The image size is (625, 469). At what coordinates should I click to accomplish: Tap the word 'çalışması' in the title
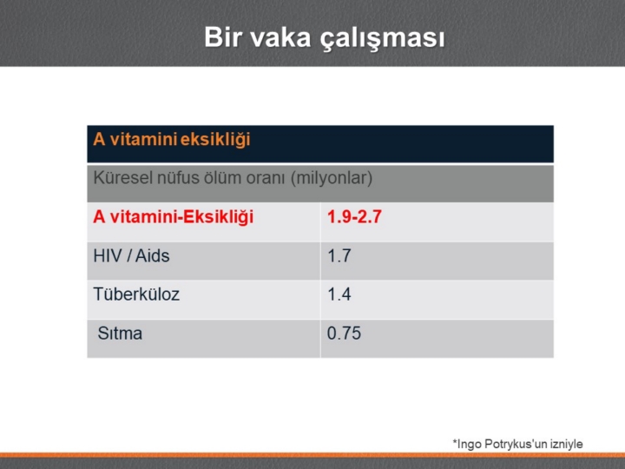(382, 39)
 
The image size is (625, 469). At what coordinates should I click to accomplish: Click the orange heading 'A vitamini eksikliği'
(172, 140)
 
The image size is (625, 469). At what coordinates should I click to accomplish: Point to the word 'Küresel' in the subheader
(122, 177)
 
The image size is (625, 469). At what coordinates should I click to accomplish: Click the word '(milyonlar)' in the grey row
(332, 178)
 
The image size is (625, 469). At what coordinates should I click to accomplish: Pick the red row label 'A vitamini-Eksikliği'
(174, 217)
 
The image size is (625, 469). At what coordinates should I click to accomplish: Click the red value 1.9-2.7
(354, 216)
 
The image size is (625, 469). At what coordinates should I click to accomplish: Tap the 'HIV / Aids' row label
(132, 255)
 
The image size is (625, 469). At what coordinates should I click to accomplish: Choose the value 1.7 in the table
(339, 255)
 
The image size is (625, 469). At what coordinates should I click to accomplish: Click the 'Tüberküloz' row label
(136, 294)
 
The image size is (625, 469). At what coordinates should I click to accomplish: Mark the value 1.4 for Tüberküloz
(339, 294)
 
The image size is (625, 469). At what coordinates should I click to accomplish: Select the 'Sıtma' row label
(120, 334)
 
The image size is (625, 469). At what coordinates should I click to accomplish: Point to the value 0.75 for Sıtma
(344, 334)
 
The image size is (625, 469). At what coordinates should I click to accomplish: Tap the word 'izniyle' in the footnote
(567, 444)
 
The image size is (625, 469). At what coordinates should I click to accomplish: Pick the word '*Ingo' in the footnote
(467, 445)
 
